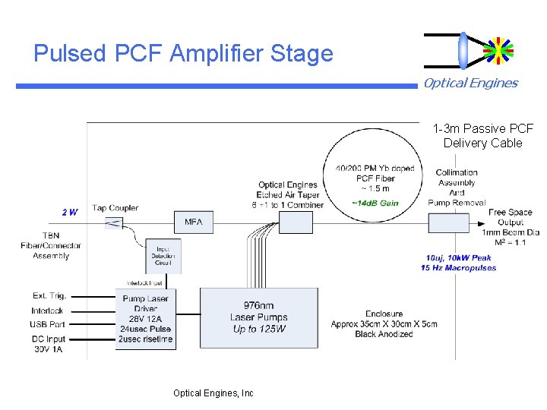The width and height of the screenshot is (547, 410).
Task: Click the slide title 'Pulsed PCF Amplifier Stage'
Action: tap(183, 54)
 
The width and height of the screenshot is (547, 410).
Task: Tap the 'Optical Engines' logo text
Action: tap(470, 84)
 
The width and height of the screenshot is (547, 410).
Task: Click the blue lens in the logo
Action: tap(463, 51)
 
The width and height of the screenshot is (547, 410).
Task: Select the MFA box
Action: tap(194, 222)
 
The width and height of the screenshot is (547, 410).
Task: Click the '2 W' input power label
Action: tap(69, 212)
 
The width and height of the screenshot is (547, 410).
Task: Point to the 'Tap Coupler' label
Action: tap(115, 208)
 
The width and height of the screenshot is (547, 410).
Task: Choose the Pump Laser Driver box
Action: tap(145, 318)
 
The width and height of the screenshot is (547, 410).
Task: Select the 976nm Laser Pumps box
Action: tap(258, 317)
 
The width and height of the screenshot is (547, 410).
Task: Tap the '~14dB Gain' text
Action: tap(375, 203)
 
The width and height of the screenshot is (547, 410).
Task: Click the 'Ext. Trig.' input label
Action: tap(49, 295)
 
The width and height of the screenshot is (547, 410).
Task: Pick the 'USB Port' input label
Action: tap(49, 325)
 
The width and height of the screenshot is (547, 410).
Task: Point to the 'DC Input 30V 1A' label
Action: tap(49, 344)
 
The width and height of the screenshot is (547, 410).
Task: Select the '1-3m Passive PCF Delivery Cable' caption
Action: tap(483, 136)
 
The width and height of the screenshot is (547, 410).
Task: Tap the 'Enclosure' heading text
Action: tap(384, 314)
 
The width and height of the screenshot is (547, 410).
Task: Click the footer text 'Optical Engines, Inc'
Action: tap(213, 393)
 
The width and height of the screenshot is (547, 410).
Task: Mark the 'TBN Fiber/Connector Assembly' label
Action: tap(51, 246)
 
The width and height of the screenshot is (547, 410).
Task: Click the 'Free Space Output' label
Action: tap(510, 217)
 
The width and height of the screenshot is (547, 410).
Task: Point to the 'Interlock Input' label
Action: tap(145, 282)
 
